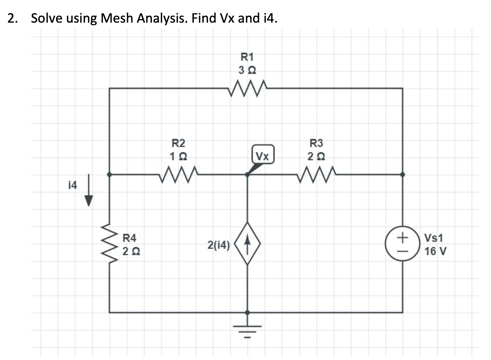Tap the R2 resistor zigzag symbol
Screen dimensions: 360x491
tap(178, 174)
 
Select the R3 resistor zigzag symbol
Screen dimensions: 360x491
tap(317, 174)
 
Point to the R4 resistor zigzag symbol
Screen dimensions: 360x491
tap(109, 245)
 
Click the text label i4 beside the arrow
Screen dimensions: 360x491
tap(73, 185)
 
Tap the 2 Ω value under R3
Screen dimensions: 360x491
tap(317, 157)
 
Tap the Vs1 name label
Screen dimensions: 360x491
tap(433, 239)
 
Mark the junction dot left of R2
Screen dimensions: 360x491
tap(109, 174)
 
